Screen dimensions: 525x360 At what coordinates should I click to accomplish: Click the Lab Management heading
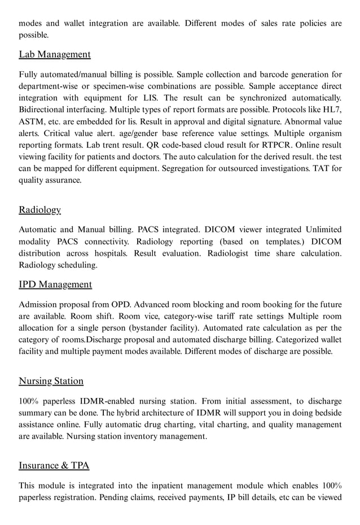(x=55, y=54)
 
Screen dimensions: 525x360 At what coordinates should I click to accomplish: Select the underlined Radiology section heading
(x=39, y=209)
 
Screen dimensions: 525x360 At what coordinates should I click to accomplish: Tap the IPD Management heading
(x=55, y=284)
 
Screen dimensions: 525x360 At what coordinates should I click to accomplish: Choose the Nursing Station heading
(x=51, y=381)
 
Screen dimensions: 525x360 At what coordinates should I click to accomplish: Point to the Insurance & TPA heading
(x=54, y=466)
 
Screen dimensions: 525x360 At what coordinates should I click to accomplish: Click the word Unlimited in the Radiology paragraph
(x=323, y=229)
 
